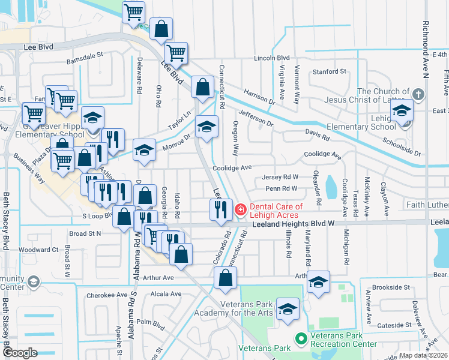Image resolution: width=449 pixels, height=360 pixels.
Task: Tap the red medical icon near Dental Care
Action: point(240,209)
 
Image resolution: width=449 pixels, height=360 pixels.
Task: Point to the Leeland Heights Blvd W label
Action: point(292,223)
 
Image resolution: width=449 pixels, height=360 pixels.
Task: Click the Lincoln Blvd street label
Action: point(271,58)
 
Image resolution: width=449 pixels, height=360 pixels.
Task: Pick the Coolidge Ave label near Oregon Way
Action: point(231,168)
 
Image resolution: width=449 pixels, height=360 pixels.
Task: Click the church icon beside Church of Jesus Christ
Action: point(419,94)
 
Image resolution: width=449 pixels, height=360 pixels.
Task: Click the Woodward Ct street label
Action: point(38,250)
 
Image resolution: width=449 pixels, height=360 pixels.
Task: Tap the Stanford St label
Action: point(330,71)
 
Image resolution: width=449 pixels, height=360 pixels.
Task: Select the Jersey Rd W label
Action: point(280,177)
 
